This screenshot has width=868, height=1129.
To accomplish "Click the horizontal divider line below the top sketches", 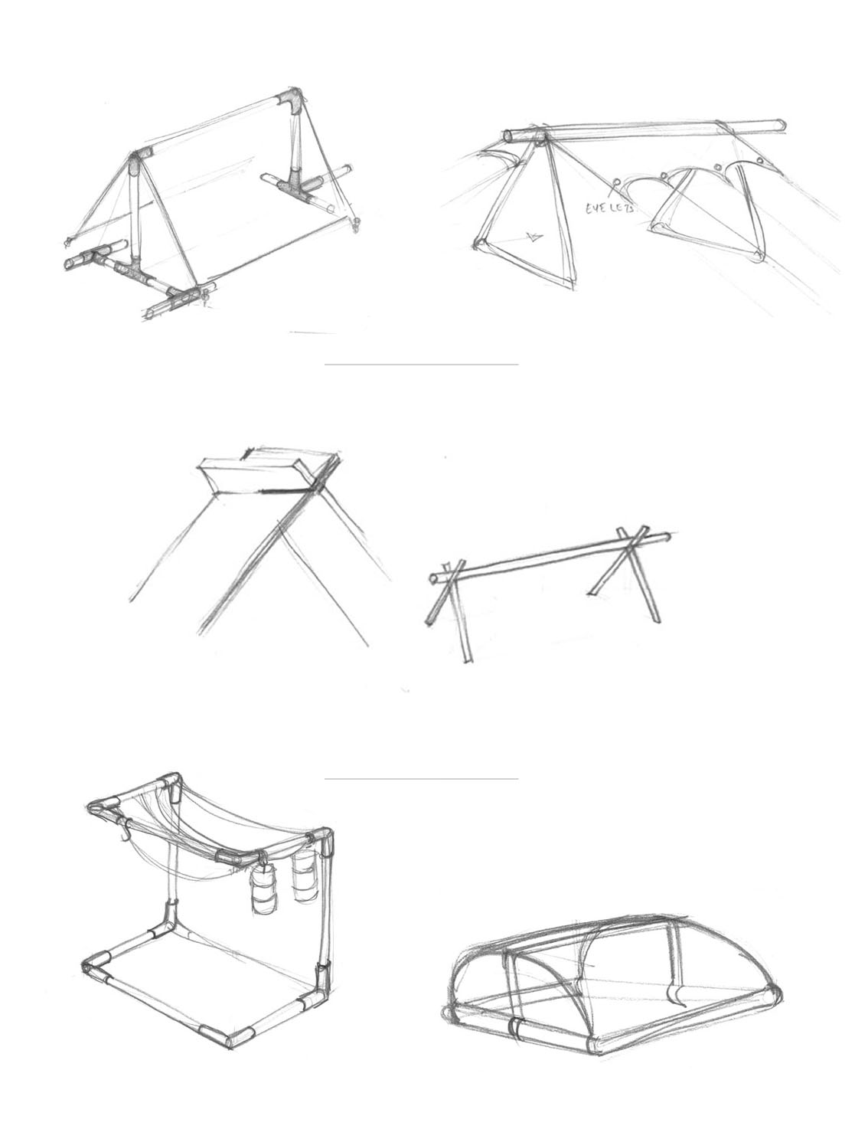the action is point(421,365).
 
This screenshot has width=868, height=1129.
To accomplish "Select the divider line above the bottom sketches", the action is point(421,779).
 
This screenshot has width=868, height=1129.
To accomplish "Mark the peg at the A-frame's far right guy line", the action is point(356,223).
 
